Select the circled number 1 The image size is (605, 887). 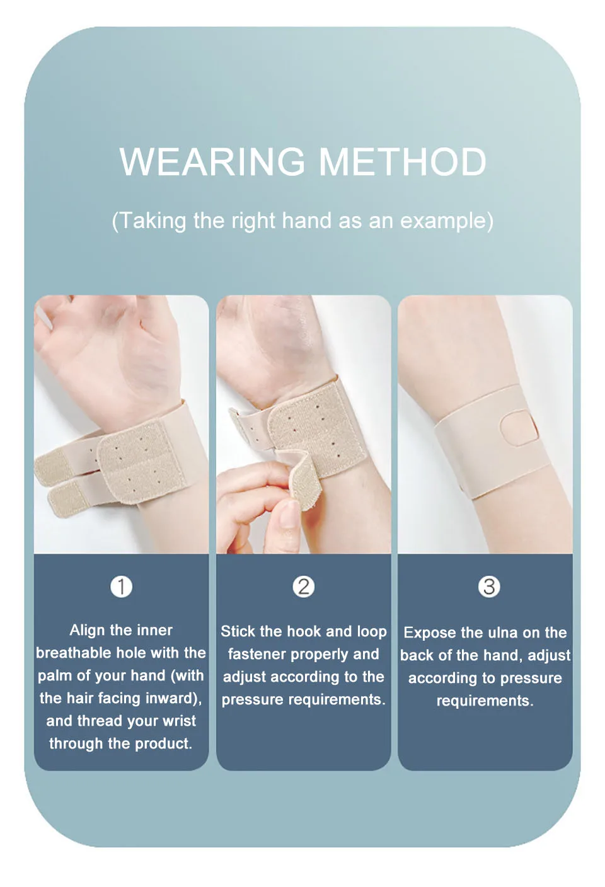click(x=121, y=587)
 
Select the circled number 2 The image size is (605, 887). click(x=304, y=587)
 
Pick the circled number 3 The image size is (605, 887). click(x=489, y=587)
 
